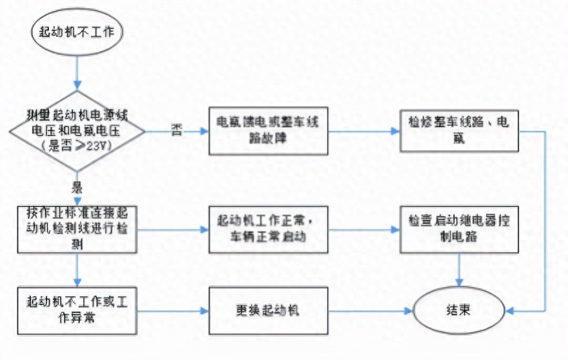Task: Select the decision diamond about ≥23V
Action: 77,132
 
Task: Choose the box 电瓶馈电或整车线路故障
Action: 269,132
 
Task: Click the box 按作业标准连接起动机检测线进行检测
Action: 77,229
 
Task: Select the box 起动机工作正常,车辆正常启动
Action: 269,229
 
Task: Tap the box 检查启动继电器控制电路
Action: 459,229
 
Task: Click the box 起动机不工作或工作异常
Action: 77,310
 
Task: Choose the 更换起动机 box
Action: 269,310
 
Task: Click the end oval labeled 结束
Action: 459,310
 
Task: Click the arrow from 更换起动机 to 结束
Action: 371,310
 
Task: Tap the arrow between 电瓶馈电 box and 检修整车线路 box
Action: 365,132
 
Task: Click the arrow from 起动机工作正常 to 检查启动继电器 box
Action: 365,229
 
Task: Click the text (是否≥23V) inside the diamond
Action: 77,146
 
